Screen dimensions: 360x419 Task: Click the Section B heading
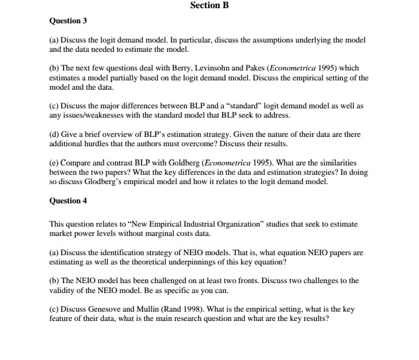209,5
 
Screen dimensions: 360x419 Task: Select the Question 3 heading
68,21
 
